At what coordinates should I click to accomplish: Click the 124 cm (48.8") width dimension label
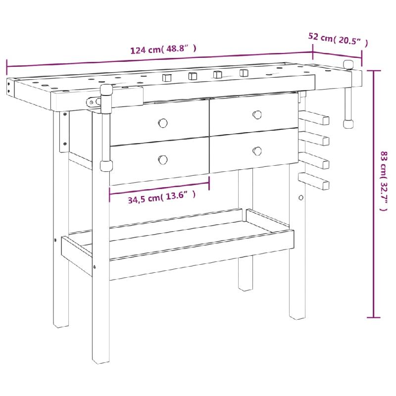click(163, 49)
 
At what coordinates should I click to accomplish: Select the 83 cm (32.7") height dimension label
click(384, 181)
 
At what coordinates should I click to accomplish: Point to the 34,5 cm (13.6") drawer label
click(162, 197)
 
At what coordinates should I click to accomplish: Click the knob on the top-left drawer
click(163, 123)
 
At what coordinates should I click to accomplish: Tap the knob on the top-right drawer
click(257, 115)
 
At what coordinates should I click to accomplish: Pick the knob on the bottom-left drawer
click(163, 159)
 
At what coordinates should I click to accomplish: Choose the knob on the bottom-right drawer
click(257, 151)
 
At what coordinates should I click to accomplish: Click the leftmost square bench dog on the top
click(167, 78)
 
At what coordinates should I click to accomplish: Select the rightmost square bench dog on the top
click(244, 73)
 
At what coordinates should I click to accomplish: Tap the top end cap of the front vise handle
click(106, 90)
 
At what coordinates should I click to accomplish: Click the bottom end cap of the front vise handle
click(106, 166)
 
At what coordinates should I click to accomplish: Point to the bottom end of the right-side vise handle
click(348, 124)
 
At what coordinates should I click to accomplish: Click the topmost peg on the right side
click(314, 117)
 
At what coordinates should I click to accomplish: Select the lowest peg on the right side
click(314, 181)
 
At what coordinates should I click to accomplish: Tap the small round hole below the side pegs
click(301, 198)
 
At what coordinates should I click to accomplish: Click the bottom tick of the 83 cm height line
click(374, 317)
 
